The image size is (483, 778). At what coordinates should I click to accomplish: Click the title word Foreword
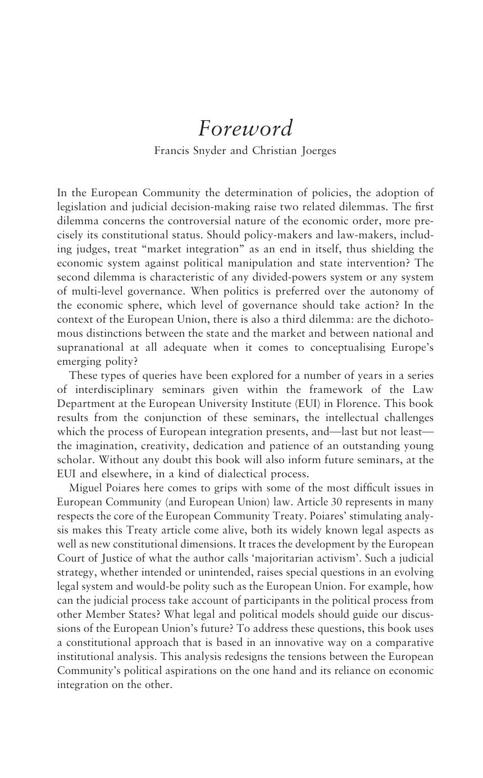pos(245,129)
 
